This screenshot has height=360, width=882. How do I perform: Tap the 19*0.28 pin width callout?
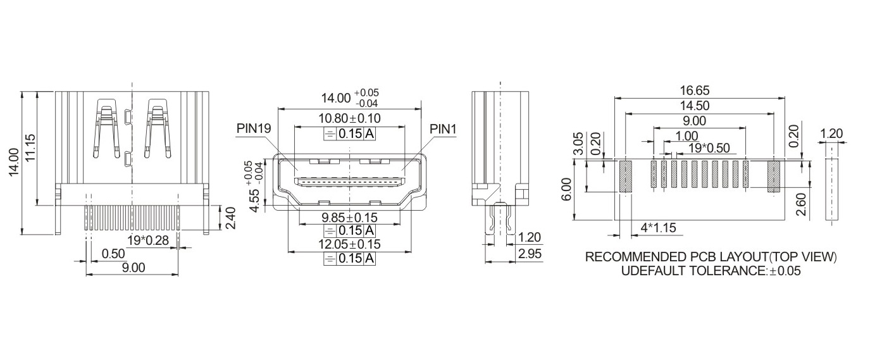point(148,240)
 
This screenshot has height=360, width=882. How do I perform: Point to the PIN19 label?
point(254,128)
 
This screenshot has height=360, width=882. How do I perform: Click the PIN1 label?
point(443,128)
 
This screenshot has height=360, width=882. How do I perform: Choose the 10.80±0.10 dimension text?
point(349,118)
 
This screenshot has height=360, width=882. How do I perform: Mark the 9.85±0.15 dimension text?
point(349,217)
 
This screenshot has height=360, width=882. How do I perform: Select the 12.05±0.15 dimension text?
point(349,244)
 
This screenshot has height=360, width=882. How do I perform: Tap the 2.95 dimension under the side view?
point(529,254)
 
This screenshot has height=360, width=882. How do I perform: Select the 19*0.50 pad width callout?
point(709,148)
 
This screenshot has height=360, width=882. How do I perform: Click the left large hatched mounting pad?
point(626,177)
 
